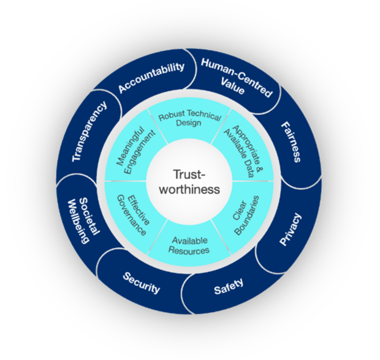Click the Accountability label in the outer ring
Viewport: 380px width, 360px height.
(x=151, y=77)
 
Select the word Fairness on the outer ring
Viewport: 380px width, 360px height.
(x=291, y=142)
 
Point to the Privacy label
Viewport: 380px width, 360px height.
(x=291, y=229)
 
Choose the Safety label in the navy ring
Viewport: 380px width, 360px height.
(x=229, y=286)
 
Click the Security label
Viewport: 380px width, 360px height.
(x=142, y=282)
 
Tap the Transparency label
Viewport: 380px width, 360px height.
(x=89, y=131)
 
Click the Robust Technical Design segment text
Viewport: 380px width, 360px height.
(x=189, y=118)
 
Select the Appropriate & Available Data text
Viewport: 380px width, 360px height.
(x=243, y=151)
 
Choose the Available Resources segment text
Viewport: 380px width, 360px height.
(x=189, y=246)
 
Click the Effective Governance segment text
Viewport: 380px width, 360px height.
(x=133, y=215)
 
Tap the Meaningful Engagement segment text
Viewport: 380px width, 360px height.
(x=135, y=151)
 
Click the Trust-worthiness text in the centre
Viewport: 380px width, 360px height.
(x=189, y=182)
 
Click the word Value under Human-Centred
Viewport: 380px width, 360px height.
(x=232, y=86)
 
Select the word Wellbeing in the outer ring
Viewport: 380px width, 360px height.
(x=78, y=222)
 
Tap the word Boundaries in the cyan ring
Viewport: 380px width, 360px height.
(x=251, y=216)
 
